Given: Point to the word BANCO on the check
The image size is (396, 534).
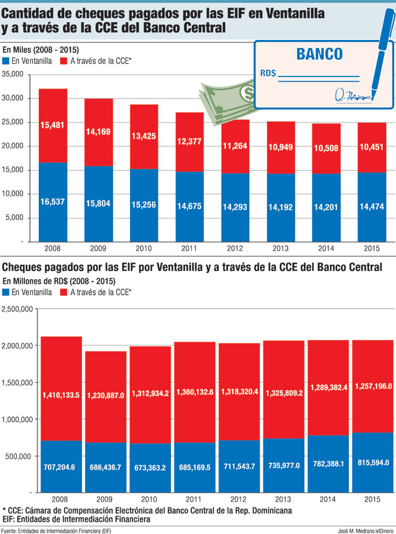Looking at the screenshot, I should pyautogui.click(x=319, y=54).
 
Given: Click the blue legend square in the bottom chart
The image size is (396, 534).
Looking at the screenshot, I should pyautogui.click(x=6, y=292).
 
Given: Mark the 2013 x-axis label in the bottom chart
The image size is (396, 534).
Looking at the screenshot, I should pyautogui.click(x=283, y=498).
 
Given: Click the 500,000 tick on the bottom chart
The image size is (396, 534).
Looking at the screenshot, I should pyautogui.click(x=22, y=456).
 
